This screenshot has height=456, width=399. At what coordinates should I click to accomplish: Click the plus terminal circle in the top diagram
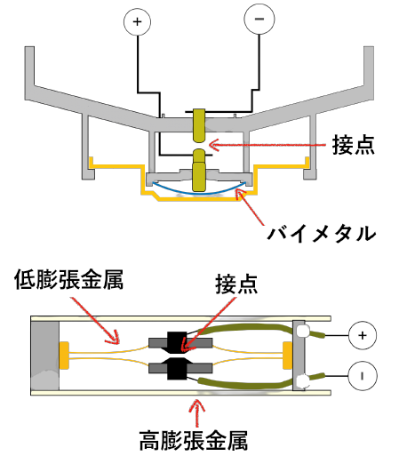(137, 22)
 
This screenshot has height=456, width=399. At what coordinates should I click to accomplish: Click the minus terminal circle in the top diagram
(259, 19)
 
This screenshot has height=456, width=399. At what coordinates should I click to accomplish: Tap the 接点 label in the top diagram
(353, 145)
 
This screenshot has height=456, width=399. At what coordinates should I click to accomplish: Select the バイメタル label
(322, 234)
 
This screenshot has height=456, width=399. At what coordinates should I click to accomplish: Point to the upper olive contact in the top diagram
(199, 125)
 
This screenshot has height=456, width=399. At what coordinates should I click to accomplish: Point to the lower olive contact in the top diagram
(199, 171)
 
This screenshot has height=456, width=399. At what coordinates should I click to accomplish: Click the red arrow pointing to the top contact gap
(267, 145)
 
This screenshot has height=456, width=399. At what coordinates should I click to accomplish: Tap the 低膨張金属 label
(68, 279)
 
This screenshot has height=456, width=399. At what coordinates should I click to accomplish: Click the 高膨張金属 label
(194, 441)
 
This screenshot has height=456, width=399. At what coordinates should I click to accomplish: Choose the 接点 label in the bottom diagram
(236, 284)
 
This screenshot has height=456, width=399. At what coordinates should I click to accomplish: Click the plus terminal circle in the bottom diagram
(363, 335)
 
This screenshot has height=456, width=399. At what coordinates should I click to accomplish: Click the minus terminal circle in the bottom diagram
(363, 376)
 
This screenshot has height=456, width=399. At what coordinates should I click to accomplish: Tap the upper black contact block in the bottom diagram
(177, 343)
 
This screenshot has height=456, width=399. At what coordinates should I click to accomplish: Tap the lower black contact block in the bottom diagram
(177, 369)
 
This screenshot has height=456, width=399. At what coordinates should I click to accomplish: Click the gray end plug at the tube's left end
(44, 356)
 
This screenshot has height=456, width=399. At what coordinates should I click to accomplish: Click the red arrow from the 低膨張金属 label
(95, 321)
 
